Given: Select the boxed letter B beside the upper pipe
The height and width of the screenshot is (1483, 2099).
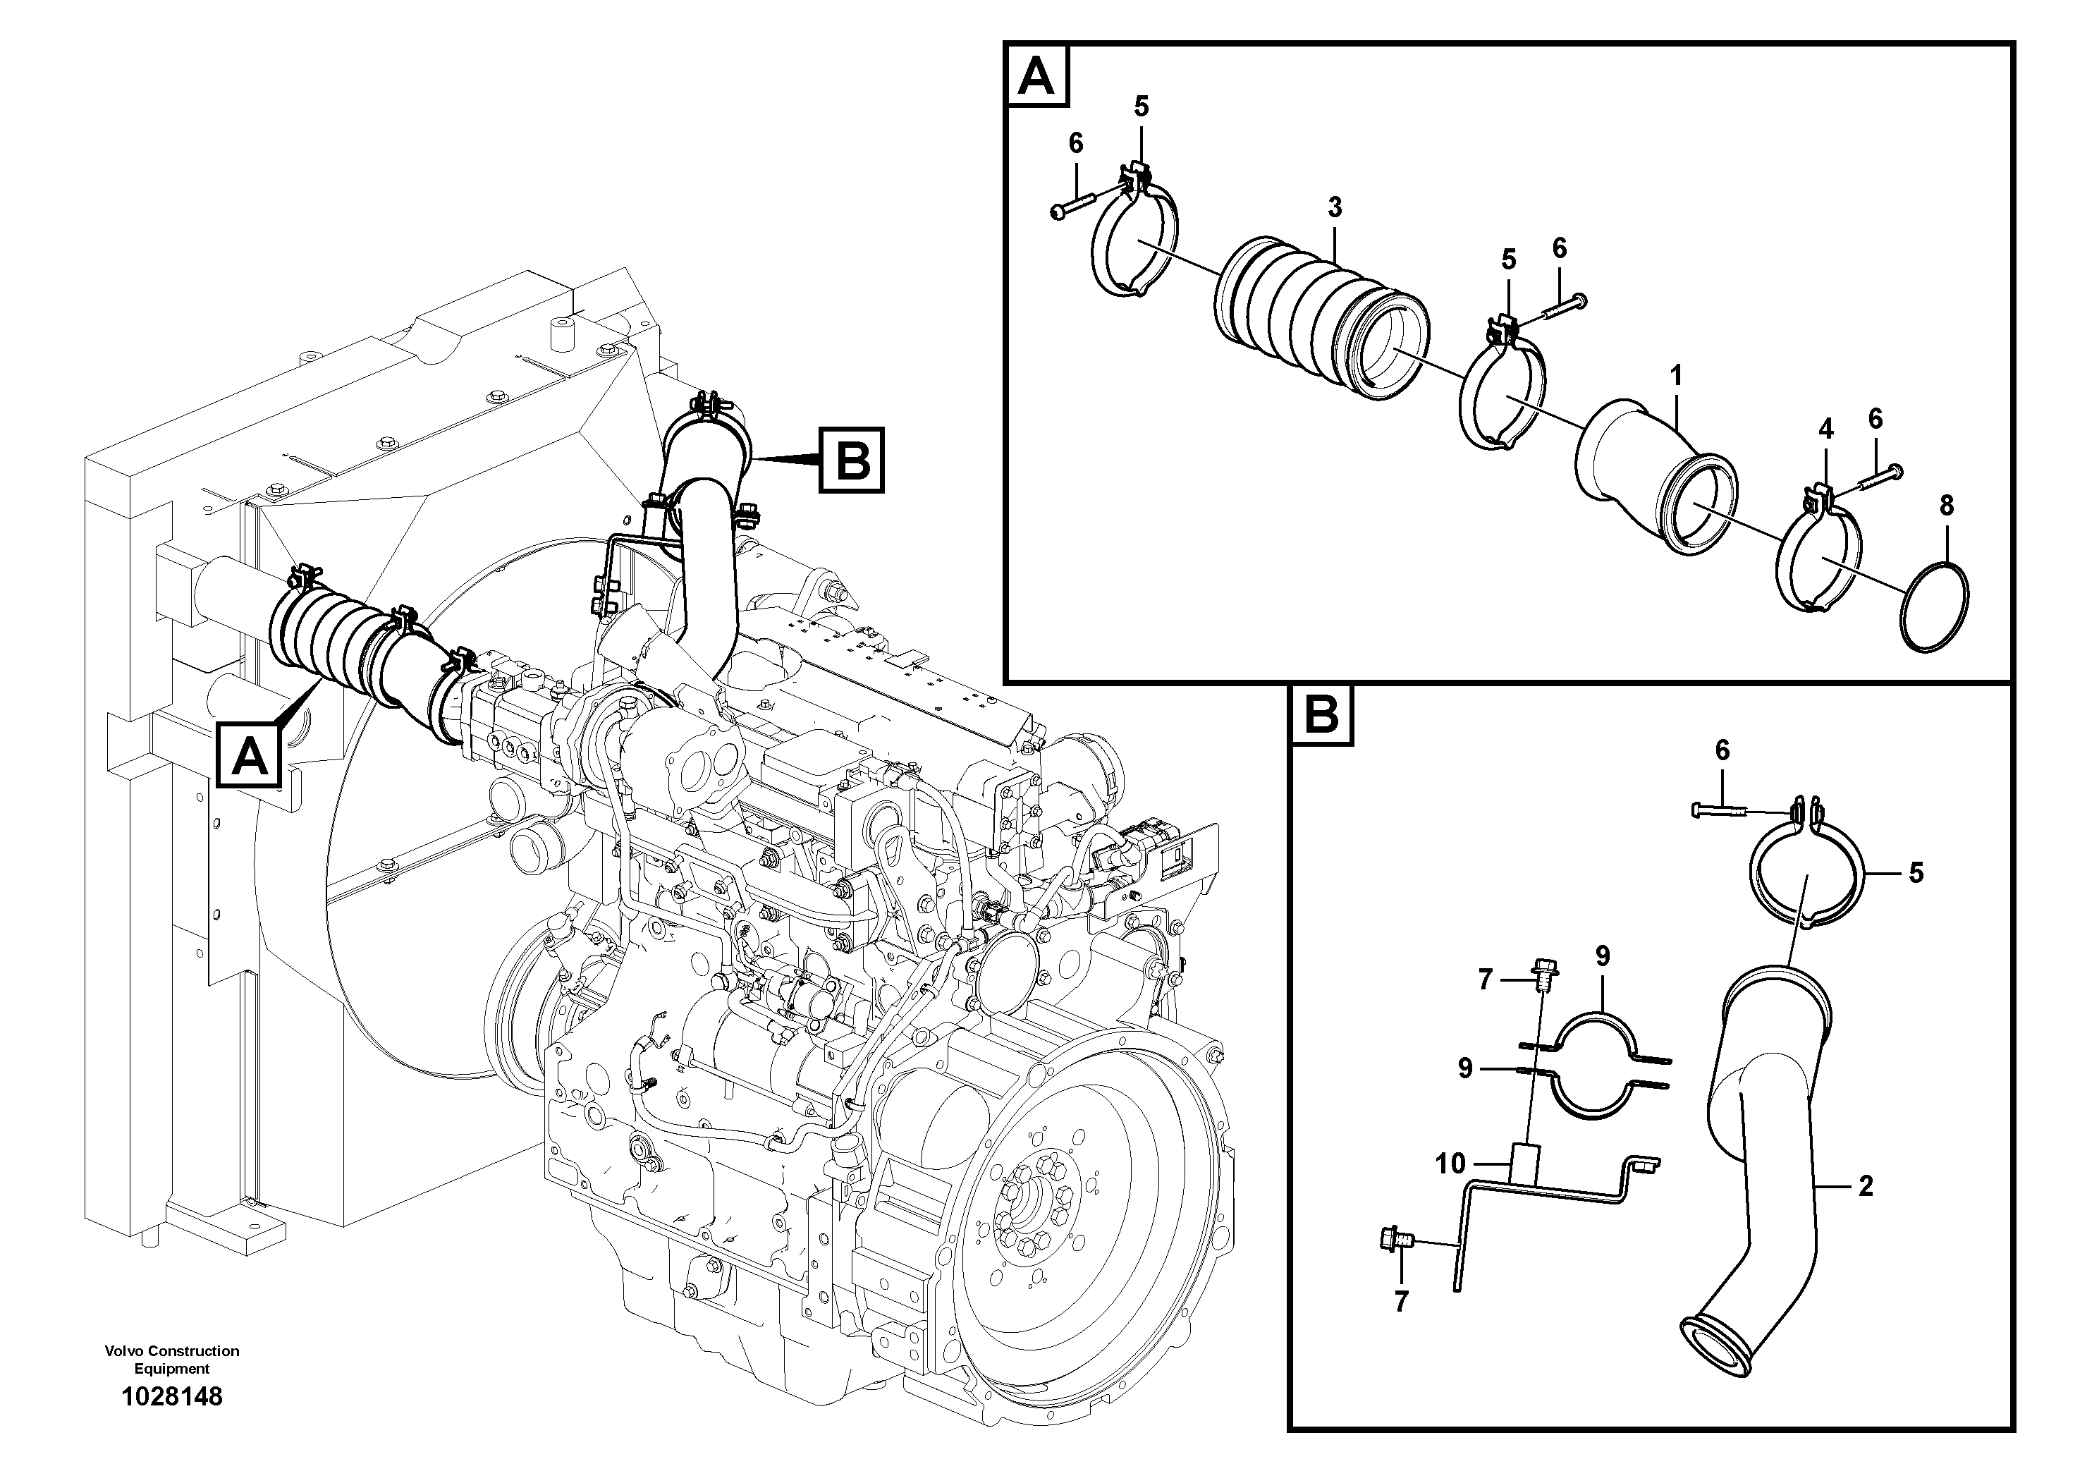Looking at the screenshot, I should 852,460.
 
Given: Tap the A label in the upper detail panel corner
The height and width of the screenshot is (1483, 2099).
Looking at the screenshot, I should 1036,76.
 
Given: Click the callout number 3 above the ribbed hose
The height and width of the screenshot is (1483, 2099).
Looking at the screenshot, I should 1335,207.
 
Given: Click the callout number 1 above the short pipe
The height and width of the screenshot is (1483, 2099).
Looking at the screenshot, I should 1676,376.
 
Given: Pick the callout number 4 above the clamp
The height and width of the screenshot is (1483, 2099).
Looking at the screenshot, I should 1825,429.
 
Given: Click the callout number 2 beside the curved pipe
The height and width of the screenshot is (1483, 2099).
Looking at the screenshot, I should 1866,1186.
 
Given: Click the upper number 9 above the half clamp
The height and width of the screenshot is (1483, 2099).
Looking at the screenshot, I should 1602,957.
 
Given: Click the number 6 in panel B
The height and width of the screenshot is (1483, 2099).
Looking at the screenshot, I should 1722,750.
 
